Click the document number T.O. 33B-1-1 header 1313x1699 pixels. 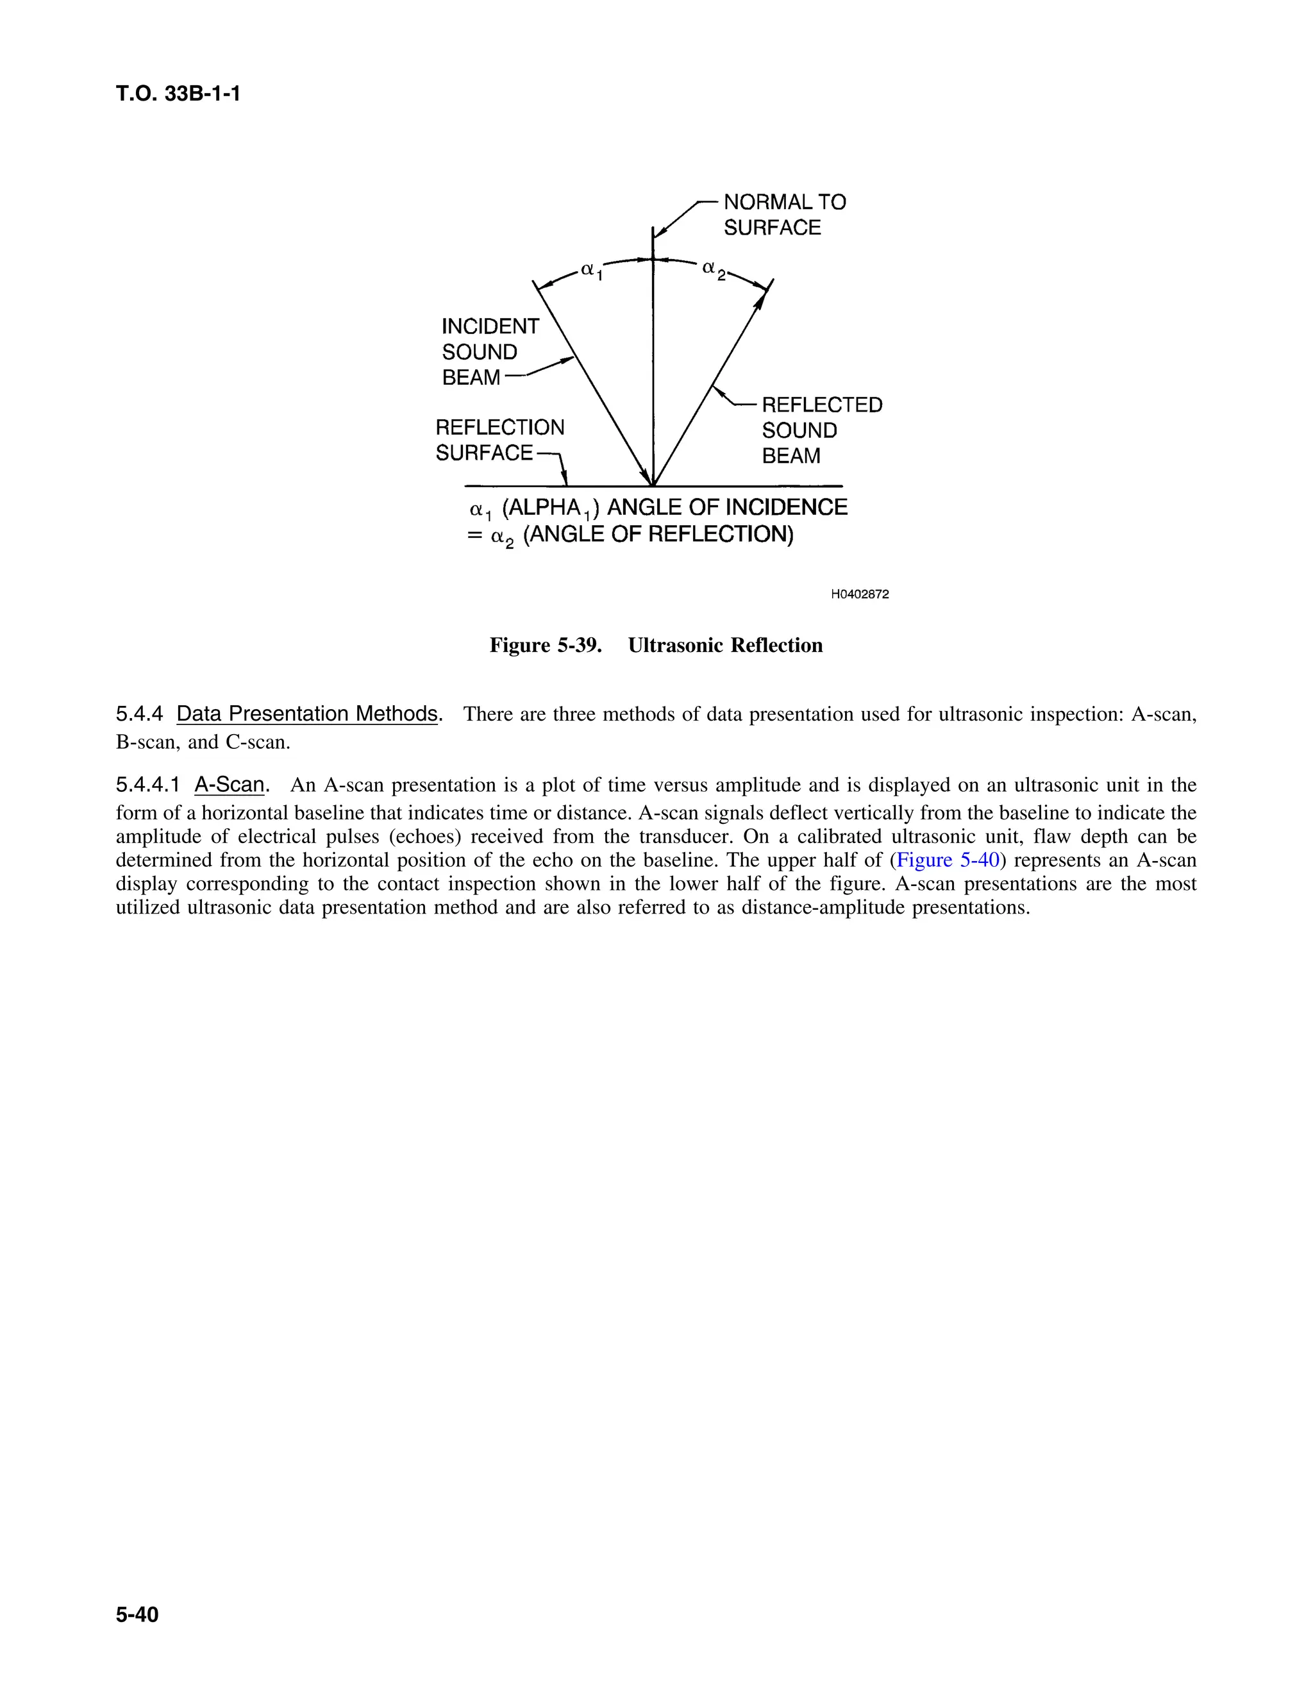[178, 94]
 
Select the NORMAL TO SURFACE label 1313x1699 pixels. [783, 215]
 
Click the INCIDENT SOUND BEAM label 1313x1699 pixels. [489, 351]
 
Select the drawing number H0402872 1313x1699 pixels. [860, 594]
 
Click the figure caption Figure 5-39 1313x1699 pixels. [546, 645]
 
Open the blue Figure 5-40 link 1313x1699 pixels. [948, 860]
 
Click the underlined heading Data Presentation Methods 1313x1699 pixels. [307, 714]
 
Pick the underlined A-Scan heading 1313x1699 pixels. [230, 784]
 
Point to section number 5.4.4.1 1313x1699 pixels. [148, 784]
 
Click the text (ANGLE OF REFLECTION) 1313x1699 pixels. [658, 535]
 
